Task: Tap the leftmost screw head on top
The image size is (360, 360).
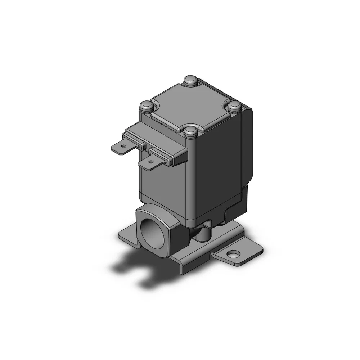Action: click(147, 106)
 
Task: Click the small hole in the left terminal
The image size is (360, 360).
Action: click(123, 146)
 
